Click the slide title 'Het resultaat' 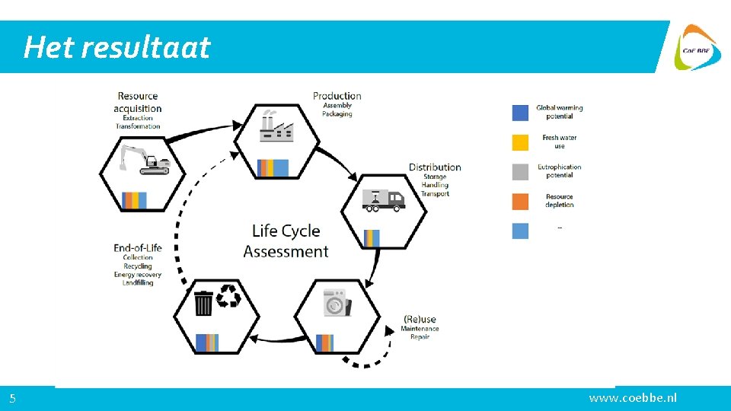pyautogui.click(x=117, y=47)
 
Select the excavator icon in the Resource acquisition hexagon pyautogui.click(x=144, y=160)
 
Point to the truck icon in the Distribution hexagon pyautogui.click(x=384, y=199)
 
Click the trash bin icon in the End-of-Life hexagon pyautogui.click(x=203, y=302)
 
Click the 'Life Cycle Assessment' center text pyautogui.click(x=286, y=241)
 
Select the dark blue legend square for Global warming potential pyautogui.click(x=520, y=112)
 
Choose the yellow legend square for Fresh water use pyautogui.click(x=520, y=142)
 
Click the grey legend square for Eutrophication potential pyautogui.click(x=520, y=171)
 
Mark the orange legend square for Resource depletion pyautogui.click(x=520, y=201)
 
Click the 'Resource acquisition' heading pyautogui.click(x=138, y=102)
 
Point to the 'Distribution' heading pyautogui.click(x=435, y=167)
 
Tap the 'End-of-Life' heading pyautogui.click(x=138, y=247)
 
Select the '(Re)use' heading pyautogui.click(x=420, y=319)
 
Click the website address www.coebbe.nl pyautogui.click(x=633, y=398)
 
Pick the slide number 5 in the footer pyautogui.click(x=13, y=398)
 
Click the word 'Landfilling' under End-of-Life pyautogui.click(x=138, y=283)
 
